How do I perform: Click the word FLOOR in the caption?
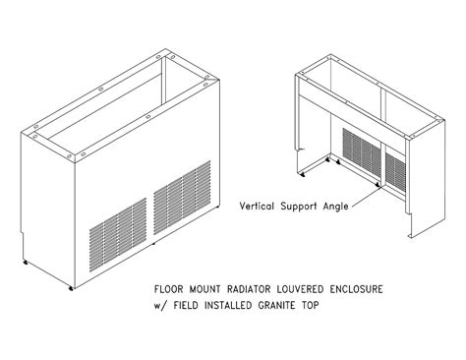click(x=168, y=290)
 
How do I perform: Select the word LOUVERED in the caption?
click(x=307, y=290)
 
